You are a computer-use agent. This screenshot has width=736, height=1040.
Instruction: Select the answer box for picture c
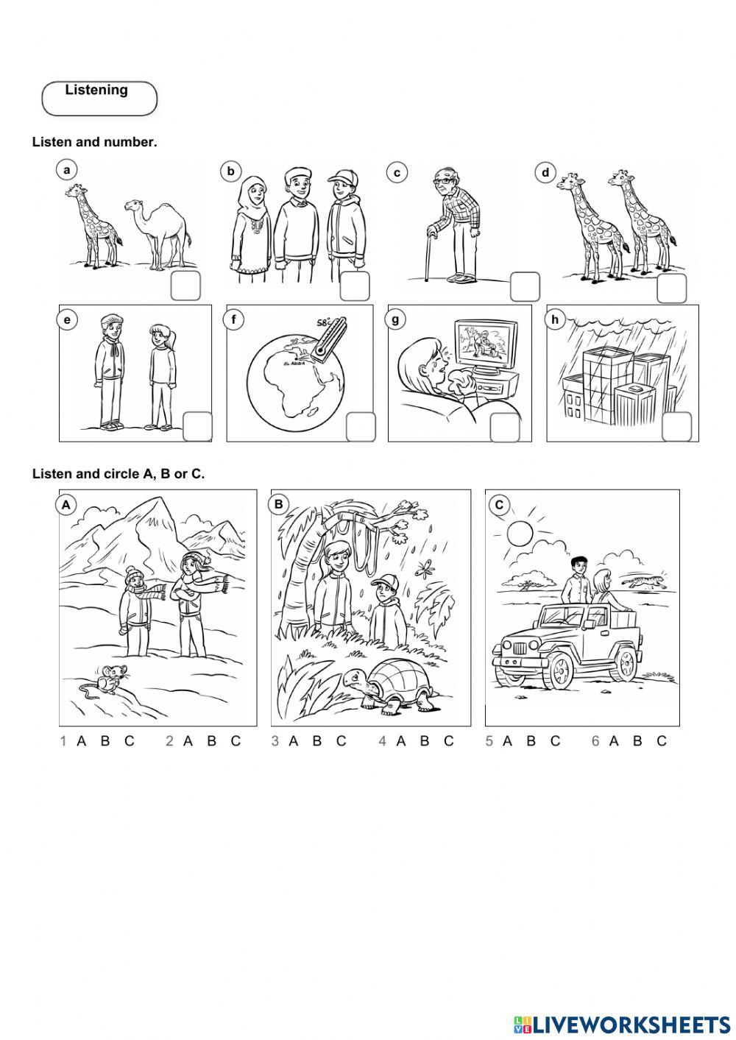pyautogui.click(x=526, y=286)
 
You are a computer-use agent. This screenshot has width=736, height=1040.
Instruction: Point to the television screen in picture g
pyautogui.click(x=486, y=344)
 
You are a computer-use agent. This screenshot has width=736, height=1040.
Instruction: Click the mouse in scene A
pyautogui.click(x=105, y=681)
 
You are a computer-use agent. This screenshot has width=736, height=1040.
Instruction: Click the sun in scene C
pyautogui.click(x=520, y=533)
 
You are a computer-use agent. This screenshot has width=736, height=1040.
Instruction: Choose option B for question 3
pyautogui.click(x=317, y=741)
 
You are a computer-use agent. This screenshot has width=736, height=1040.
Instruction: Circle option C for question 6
pyautogui.click(x=662, y=741)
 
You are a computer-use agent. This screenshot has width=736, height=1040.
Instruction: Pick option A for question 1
pyautogui.click(x=81, y=741)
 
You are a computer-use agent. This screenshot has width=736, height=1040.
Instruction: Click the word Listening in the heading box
pyautogui.click(x=96, y=90)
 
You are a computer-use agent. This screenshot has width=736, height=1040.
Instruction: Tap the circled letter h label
pyautogui.click(x=554, y=320)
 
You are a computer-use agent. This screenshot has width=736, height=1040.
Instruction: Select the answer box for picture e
pyautogui.click(x=198, y=426)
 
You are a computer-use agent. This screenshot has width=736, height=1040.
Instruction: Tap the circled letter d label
pyautogui.click(x=545, y=173)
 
